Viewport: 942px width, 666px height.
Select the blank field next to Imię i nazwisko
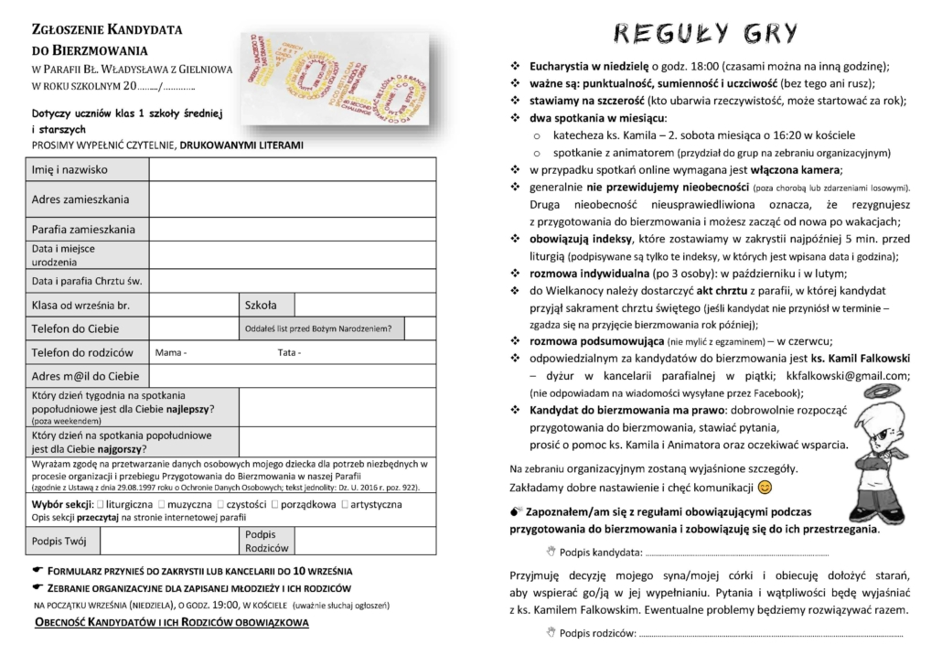293,170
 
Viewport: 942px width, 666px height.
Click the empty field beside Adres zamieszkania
293,199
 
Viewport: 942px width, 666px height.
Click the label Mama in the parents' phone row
171,352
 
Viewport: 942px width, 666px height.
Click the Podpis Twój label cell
59,542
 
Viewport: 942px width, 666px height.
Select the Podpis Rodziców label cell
266,542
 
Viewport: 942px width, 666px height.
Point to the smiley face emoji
766,487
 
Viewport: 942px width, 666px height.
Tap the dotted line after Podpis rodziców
768,633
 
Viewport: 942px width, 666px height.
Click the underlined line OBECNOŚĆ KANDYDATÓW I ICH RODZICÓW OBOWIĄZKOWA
171,623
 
